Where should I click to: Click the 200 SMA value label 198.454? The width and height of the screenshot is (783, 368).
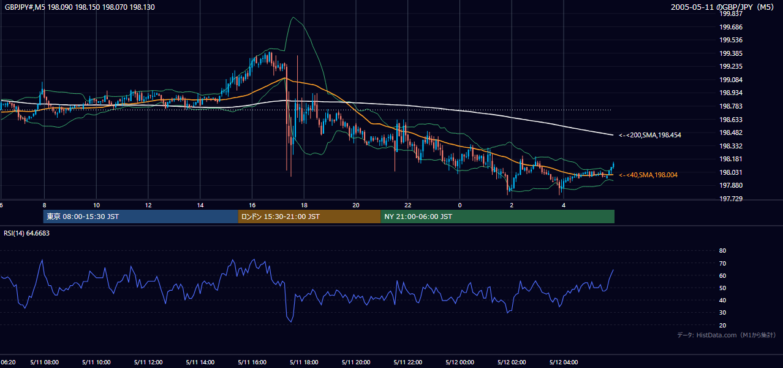click(650, 135)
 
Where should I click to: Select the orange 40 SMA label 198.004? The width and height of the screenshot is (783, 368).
click(648, 175)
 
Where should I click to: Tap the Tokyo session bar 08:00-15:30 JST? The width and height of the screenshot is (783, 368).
click(140, 217)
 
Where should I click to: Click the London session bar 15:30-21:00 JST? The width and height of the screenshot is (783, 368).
click(309, 217)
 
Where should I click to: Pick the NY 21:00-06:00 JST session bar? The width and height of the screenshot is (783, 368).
click(497, 217)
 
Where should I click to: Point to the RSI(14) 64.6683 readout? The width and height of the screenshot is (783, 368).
click(26, 233)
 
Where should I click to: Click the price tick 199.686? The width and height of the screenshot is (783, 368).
click(731, 27)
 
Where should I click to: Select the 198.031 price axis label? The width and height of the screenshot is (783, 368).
click(731, 172)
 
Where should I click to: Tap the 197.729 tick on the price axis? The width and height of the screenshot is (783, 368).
click(731, 199)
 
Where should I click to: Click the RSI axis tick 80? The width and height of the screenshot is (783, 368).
click(722, 250)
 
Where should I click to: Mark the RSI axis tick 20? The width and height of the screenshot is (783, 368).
click(722, 325)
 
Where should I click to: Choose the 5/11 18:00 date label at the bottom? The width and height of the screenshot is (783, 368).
click(304, 362)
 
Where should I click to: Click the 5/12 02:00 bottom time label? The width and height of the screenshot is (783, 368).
click(512, 362)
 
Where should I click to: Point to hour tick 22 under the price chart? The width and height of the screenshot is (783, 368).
click(407, 205)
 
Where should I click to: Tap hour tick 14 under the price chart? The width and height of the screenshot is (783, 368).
click(200, 205)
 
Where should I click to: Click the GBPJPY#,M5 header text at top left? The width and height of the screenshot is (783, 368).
click(25, 7)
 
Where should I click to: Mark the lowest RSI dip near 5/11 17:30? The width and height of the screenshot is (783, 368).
click(291, 321)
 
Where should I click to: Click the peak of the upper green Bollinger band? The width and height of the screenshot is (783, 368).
click(293, 17)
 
